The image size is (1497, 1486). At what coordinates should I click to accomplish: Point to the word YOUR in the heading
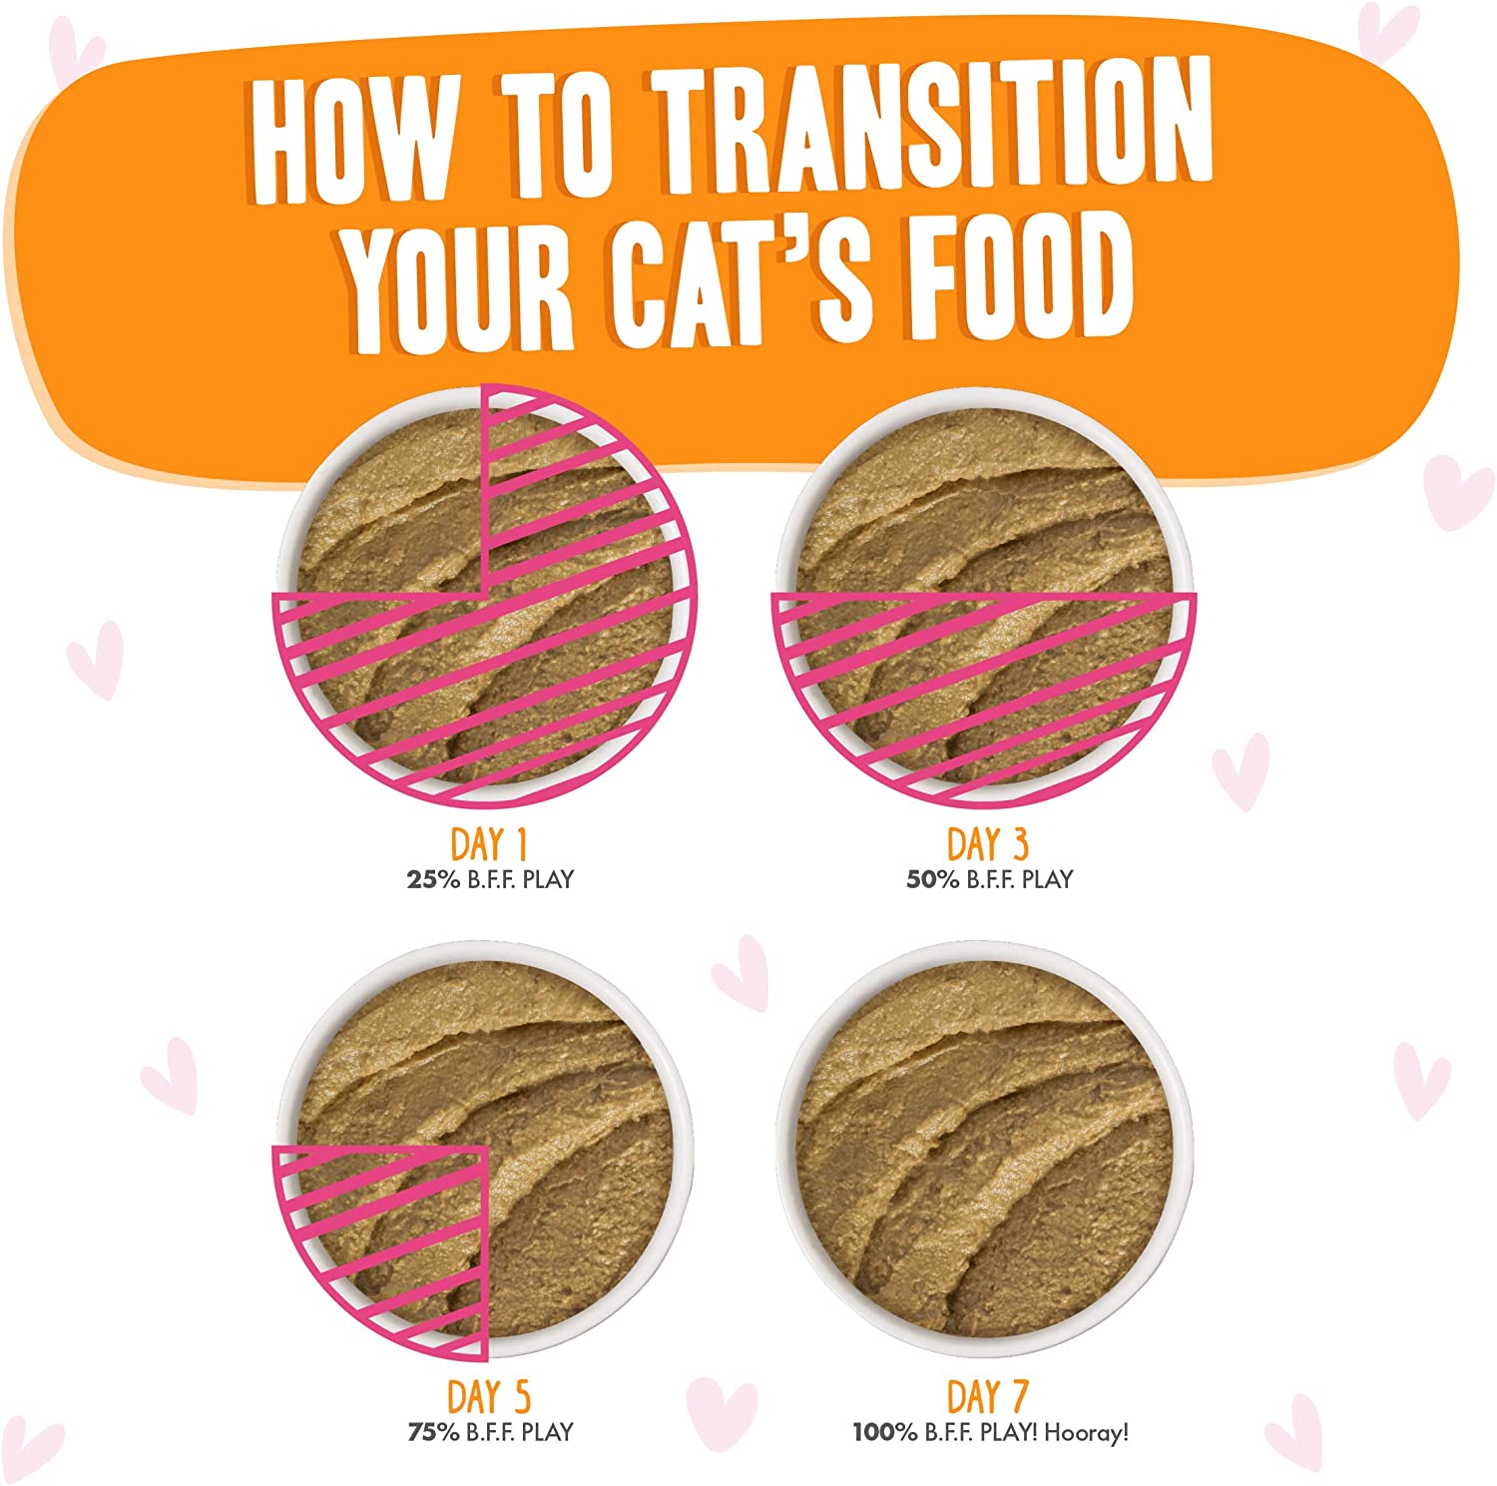point(459,289)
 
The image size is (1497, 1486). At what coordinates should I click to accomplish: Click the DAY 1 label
point(488,844)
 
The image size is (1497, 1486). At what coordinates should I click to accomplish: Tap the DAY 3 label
point(986,844)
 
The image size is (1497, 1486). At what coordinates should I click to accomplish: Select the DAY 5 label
point(488,1397)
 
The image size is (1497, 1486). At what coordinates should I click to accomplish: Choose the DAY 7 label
point(986,1397)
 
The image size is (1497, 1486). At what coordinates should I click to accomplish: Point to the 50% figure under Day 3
point(933,879)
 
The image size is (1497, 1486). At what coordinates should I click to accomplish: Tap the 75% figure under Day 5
point(433,1432)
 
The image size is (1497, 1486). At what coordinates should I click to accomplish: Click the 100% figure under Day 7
point(884,1433)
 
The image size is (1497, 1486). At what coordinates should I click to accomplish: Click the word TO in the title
point(555,135)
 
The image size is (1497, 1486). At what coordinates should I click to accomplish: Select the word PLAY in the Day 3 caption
point(1047,879)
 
